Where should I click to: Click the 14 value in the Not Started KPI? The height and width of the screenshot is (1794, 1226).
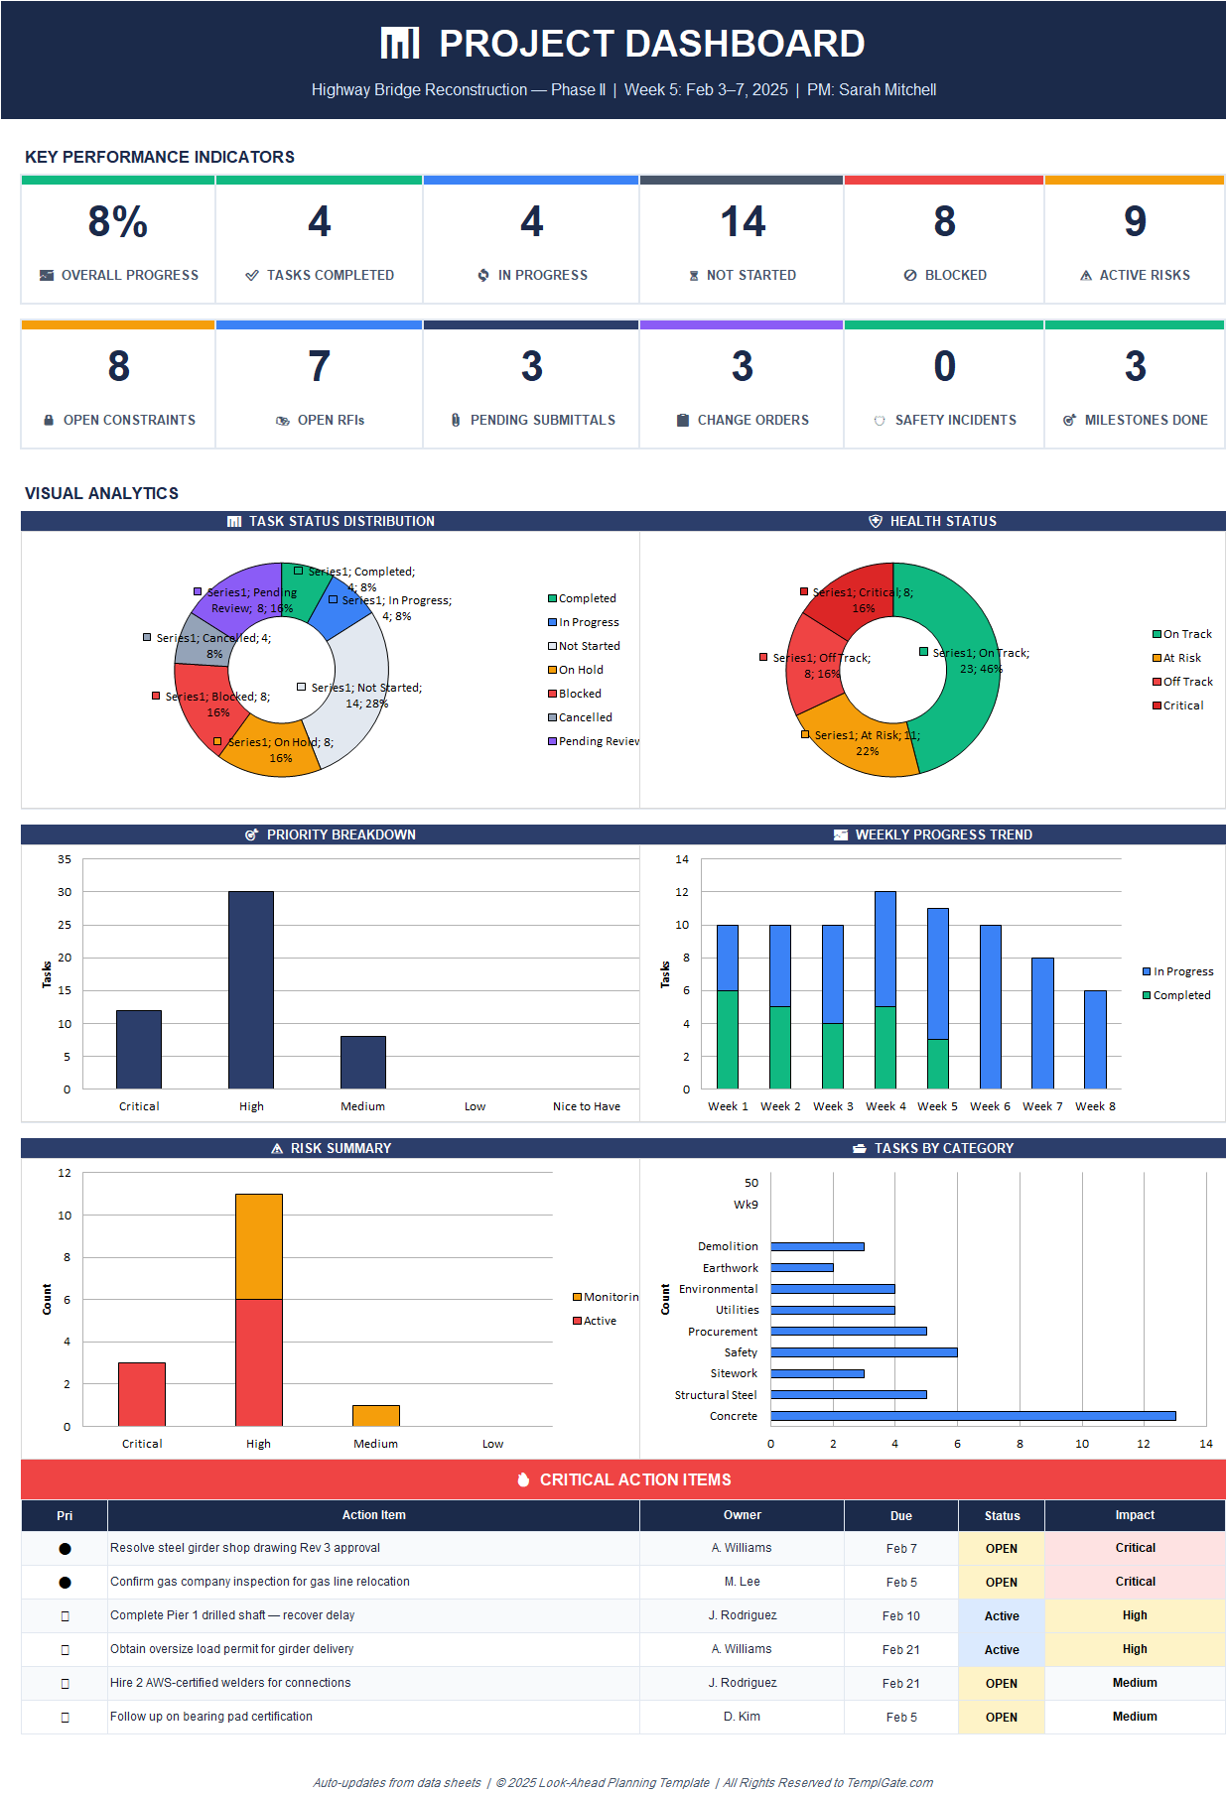743,221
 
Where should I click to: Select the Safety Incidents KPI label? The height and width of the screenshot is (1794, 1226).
955,420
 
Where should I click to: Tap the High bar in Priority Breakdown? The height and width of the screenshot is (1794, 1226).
251,989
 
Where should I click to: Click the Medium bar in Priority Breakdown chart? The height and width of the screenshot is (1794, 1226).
363,1062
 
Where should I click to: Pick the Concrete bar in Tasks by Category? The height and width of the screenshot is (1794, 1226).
973,1416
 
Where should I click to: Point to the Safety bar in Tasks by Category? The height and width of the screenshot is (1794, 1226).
864,1352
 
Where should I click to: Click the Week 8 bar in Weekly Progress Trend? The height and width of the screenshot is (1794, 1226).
1095,1039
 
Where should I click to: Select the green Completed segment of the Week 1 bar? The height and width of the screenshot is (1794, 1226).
728,1039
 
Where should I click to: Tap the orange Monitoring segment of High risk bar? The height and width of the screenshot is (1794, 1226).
259,1246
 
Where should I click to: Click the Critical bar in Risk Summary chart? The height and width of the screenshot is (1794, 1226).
142,1393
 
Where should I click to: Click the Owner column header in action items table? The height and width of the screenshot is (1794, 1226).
742,1515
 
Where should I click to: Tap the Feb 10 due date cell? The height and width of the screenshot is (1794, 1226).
900,1615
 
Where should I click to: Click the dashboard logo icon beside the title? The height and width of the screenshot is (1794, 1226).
400,44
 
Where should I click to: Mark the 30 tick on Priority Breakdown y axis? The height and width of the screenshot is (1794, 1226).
65,892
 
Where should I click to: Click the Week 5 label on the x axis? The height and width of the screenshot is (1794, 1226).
937,1106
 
